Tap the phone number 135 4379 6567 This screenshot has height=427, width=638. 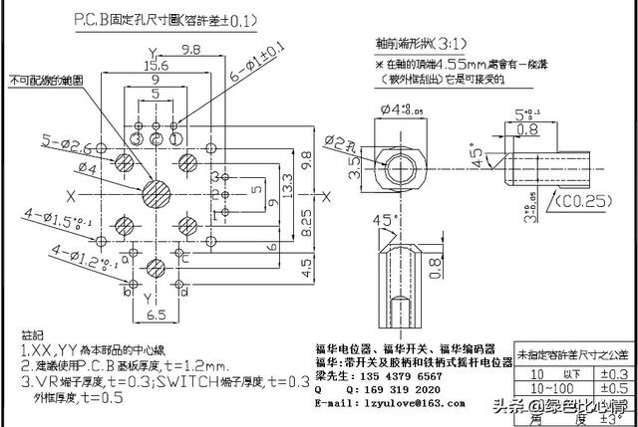[403, 377]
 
